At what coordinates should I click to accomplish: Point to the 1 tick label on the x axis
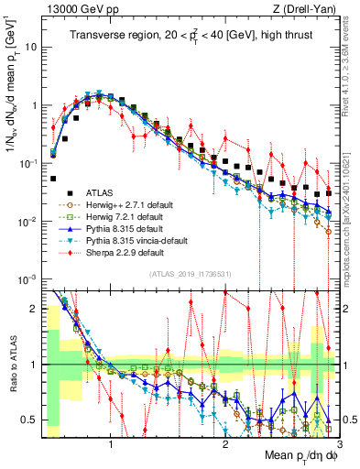[x=111, y=443]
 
